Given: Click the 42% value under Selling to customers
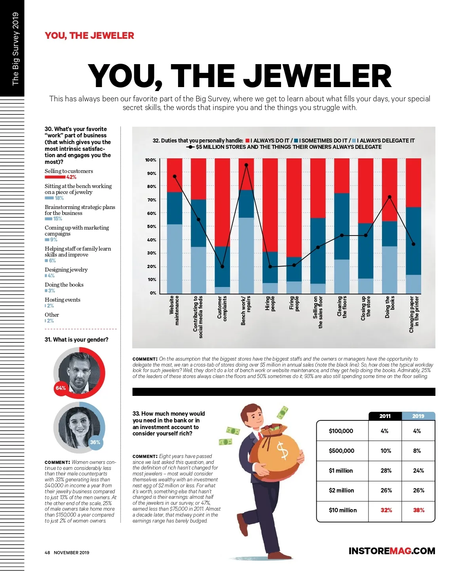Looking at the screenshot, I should pos(71,177).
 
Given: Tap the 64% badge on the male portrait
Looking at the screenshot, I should pos(61,388).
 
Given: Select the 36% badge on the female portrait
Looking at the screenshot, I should pos(95,442).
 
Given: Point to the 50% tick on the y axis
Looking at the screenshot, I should pos(152,226).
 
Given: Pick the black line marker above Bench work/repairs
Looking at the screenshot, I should pos(246,165).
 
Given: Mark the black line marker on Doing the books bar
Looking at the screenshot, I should pos(389,197).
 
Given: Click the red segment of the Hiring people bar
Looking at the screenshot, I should pos(270,205).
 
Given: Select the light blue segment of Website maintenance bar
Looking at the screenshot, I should pos(175,258).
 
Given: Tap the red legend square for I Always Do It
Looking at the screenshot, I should pos(247,141).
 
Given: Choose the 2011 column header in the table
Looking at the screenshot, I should pos(385,416).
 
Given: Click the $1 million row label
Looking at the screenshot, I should pos(341,471).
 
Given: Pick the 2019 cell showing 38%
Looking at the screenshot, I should pos(418,510).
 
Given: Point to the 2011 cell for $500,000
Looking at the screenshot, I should pos(386,451).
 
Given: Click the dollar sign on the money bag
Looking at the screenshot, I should pos(283,451).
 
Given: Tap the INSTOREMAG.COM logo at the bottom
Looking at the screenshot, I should pos(391,551).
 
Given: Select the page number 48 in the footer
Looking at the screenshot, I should pos(47,553).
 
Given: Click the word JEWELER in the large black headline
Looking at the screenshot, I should pos(317,76).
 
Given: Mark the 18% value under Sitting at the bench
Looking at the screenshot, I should pos(59,198).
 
